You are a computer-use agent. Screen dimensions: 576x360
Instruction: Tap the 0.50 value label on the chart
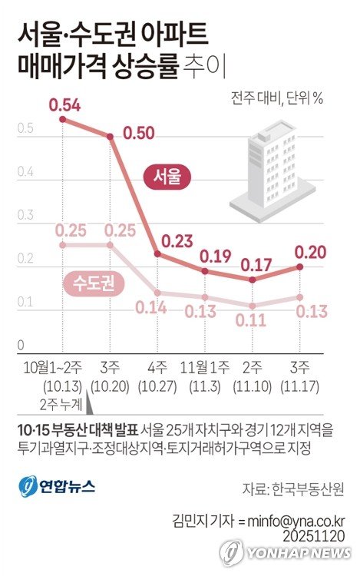click(x=138, y=134)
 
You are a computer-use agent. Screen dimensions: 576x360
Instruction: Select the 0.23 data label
click(x=177, y=239)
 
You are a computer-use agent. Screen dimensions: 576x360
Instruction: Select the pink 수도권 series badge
click(x=93, y=283)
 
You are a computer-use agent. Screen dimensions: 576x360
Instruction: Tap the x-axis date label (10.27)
click(x=158, y=384)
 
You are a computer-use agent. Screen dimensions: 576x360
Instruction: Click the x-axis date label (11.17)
click(x=299, y=384)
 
